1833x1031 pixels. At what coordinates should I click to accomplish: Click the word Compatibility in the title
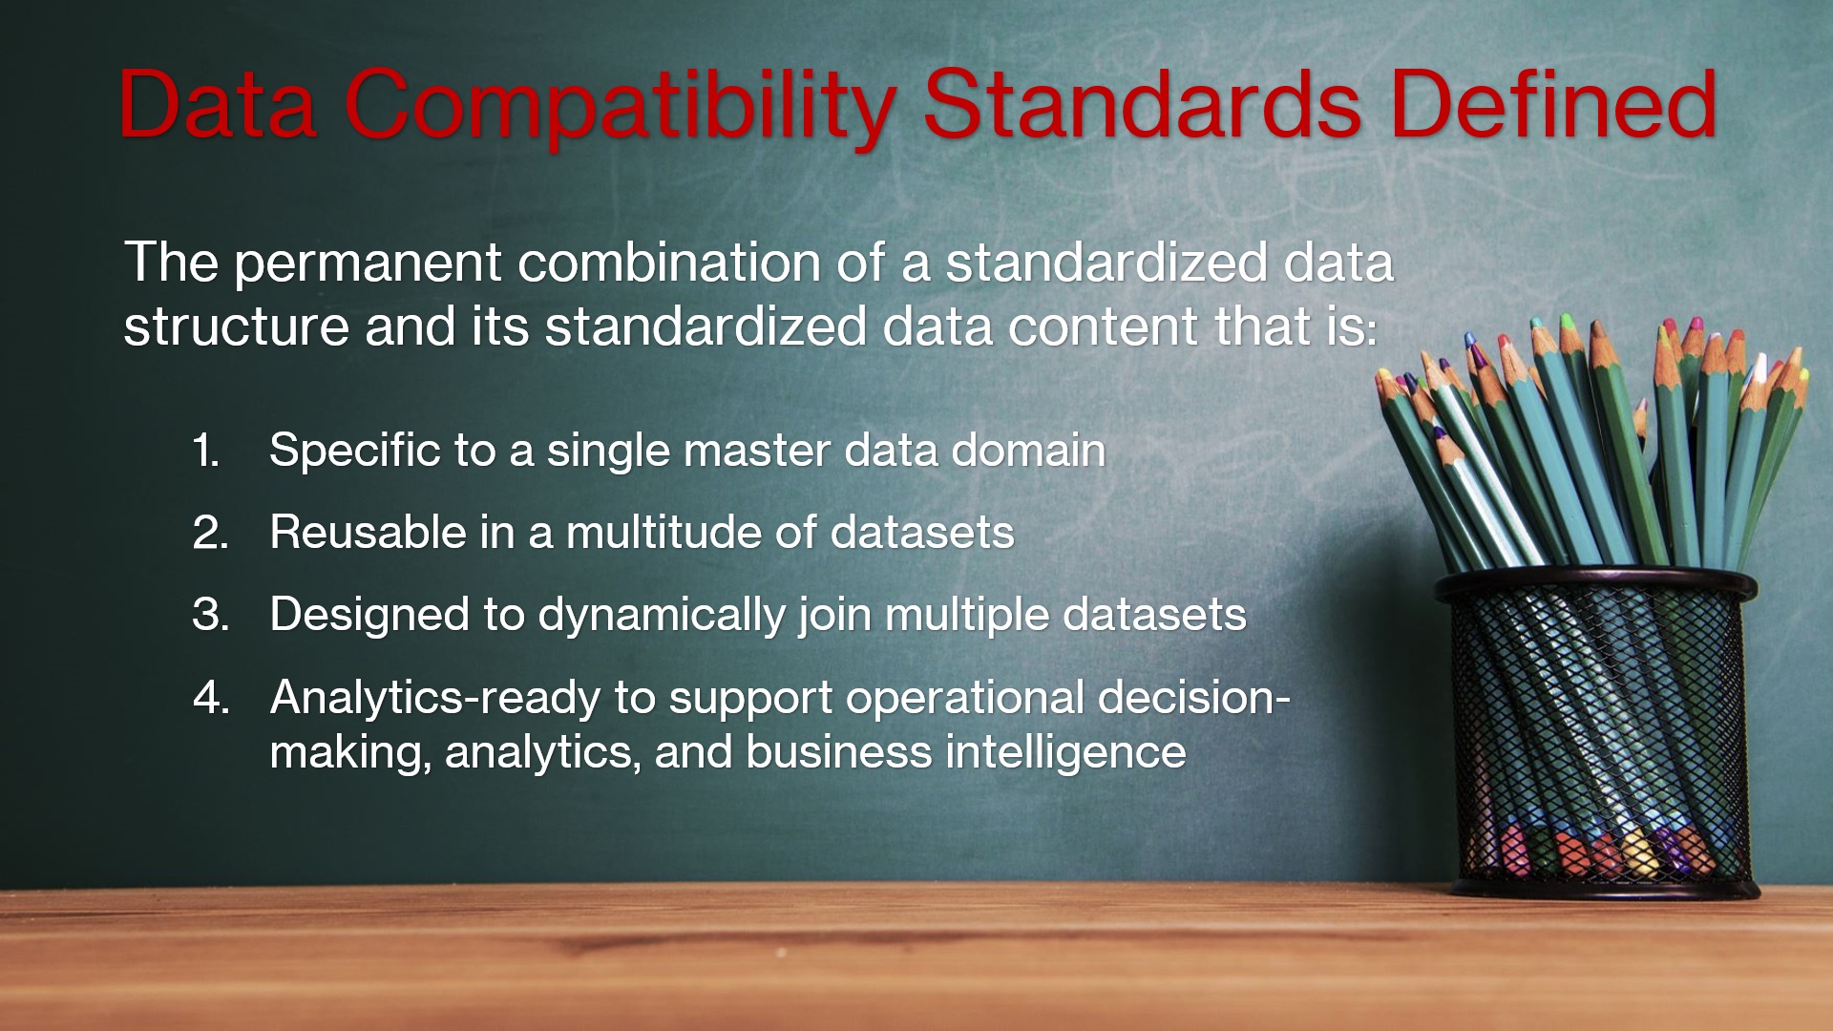619,107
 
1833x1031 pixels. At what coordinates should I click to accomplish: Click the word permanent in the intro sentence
368,263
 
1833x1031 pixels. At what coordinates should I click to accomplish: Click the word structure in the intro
236,327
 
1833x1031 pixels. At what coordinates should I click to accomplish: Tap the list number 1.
205,451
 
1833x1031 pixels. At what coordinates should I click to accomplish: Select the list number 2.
210,533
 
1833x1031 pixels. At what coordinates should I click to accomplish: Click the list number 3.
210,615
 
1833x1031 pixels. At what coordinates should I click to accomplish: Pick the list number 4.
210,698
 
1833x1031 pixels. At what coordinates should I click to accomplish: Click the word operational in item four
964,699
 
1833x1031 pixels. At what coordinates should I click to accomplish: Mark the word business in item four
838,752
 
